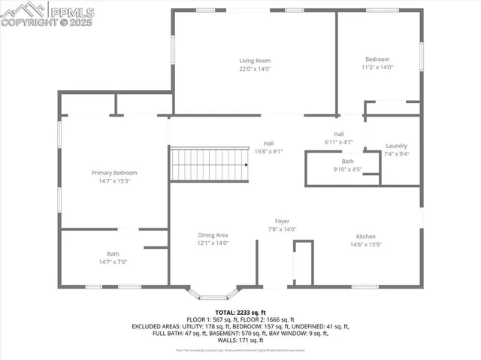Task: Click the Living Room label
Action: (255, 61)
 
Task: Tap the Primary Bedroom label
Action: (114, 173)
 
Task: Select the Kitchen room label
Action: (366, 236)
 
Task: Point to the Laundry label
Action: (397, 146)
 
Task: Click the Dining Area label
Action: (213, 235)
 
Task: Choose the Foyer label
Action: (282, 222)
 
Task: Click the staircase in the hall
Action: (210, 165)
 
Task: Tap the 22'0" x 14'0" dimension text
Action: (255, 68)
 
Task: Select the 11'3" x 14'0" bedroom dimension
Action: (377, 68)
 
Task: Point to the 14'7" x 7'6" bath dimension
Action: (113, 262)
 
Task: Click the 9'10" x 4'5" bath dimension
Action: (347, 169)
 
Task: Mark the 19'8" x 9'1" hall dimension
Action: (268, 150)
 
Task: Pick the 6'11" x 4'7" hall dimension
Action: (339, 141)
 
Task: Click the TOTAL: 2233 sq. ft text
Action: (240, 312)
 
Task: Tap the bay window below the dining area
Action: (213, 294)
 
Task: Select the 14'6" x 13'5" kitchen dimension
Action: (366, 244)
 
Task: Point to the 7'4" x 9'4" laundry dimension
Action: (397, 154)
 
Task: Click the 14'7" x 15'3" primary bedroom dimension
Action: (114, 180)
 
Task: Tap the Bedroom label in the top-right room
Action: (377, 59)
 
